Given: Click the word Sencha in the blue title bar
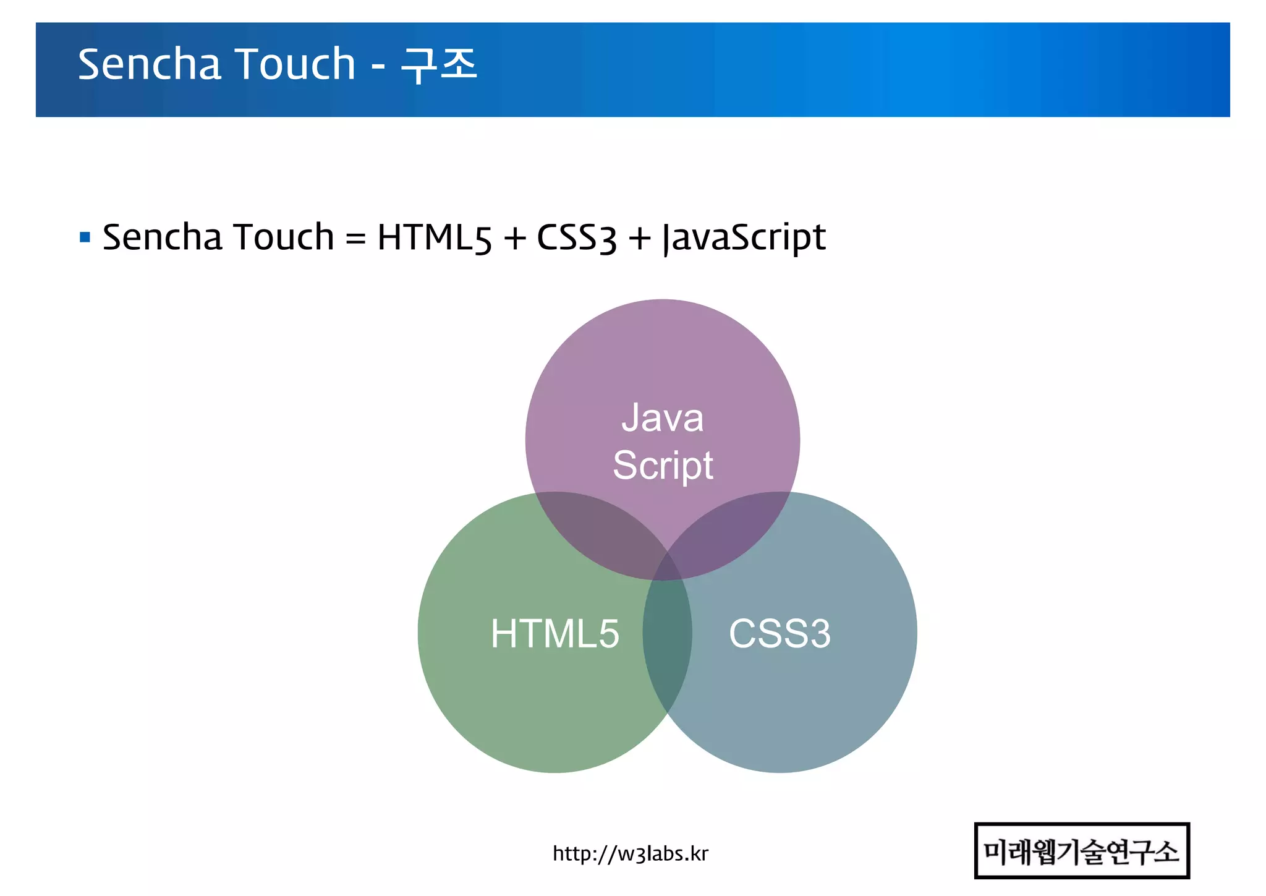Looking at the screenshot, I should [149, 64].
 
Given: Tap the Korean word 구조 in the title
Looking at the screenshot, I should [439, 64].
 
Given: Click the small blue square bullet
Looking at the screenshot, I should [85, 237].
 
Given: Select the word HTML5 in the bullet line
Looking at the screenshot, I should [435, 237].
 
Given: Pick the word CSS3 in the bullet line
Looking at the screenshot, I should [576, 237].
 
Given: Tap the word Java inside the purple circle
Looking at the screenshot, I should [662, 418].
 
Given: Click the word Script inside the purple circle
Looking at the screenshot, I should [663, 465].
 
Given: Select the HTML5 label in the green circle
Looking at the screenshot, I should [554, 633].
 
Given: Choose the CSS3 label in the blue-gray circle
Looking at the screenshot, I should [780, 633].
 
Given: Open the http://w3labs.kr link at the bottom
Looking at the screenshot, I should [630, 853].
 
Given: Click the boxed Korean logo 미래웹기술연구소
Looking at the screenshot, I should [1081, 851].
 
